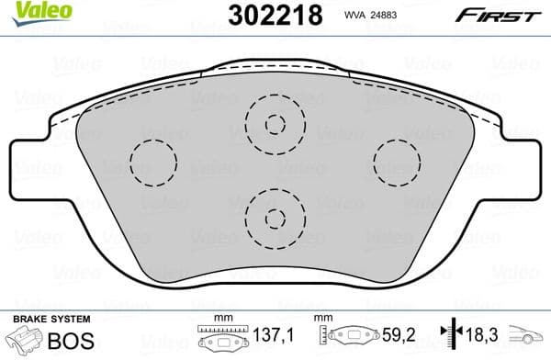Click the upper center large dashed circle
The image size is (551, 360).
coord(275,123)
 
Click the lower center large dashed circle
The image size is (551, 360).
coord(275,217)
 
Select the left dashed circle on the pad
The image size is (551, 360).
coord(152,163)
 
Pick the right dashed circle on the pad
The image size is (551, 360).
coord(397,163)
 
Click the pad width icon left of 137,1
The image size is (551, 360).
coord(219,337)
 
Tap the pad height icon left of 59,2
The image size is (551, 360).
coord(343,337)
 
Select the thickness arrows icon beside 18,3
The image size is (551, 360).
coord(450,337)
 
